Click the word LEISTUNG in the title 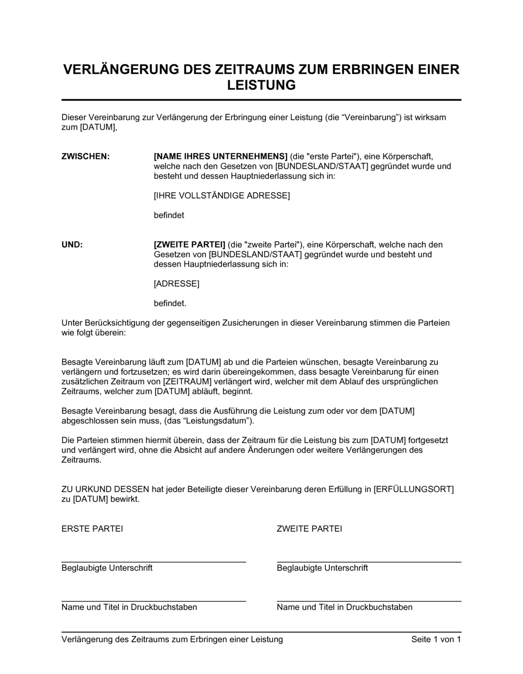point(261,85)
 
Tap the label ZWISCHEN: point(86,156)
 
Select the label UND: point(72,245)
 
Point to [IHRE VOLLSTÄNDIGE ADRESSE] point(222,195)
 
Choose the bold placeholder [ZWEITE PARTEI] point(189,245)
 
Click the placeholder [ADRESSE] point(176,284)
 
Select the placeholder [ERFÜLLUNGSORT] point(413,489)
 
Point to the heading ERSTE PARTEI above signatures point(92,528)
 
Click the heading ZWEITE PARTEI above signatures point(309,528)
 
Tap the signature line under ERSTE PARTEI point(154,562)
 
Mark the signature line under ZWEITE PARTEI point(369,562)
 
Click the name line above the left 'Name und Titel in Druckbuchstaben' point(154,601)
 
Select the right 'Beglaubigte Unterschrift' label point(322,568)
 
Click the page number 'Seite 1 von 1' point(436,639)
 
